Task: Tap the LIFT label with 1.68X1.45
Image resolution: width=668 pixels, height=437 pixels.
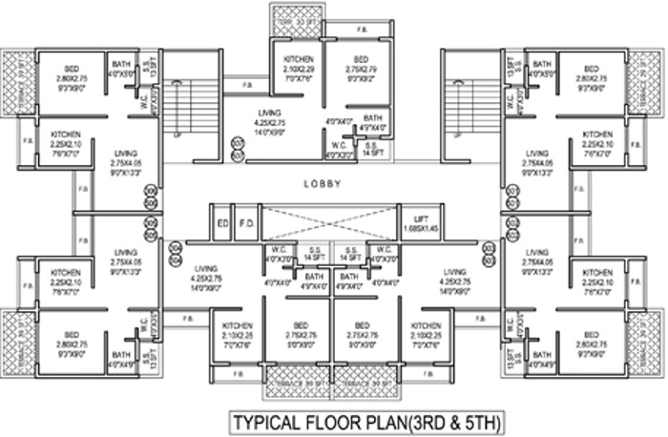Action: click(415, 218)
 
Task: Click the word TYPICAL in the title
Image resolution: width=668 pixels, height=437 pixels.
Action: click(272, 420)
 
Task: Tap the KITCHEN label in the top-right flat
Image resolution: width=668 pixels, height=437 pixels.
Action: click(597, 135)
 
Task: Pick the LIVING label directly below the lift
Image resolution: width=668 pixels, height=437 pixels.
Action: click(454, 271)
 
